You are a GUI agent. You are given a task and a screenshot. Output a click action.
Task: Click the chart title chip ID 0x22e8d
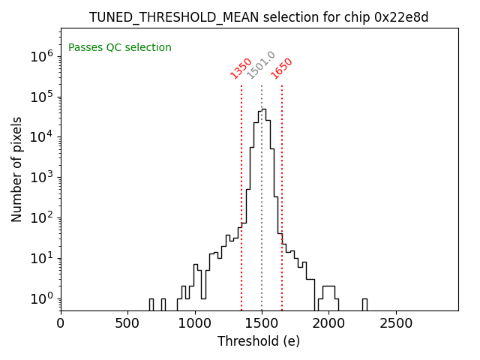click(x=401, y=17)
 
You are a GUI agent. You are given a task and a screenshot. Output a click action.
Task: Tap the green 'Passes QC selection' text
click(x=120, y=48)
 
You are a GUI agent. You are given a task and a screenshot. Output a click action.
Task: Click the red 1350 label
click(x=241, y=68)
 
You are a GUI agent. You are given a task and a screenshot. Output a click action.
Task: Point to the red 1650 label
click(x=282, y=68)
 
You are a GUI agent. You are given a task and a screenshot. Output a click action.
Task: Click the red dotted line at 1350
click(x=241, y=195)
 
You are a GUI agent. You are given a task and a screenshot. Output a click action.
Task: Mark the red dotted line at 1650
click(x=282, y=195)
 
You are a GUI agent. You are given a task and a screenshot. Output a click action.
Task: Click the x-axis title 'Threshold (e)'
click(x=259, y=341)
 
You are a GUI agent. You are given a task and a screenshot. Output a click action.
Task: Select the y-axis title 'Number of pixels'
click(x=17, y=169)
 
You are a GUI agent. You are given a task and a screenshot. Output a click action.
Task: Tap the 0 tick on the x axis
click(x=61, y=323)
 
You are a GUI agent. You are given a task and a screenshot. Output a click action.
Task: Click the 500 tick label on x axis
click(x=127, y=323)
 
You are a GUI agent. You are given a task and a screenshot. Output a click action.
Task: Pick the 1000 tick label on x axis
click(x=195, y=323)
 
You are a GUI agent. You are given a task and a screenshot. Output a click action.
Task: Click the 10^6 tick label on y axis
click(x=41, y=55)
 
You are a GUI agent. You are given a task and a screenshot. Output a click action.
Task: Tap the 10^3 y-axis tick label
click(x=41, y=177)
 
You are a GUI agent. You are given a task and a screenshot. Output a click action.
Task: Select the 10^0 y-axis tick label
click(x=41, y=298)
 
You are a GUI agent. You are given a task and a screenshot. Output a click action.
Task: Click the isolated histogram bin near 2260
click(x=364, y=304)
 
